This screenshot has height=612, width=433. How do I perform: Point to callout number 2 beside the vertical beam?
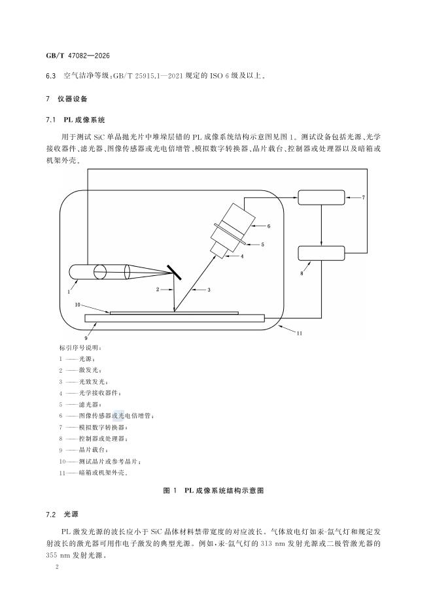[158, 288]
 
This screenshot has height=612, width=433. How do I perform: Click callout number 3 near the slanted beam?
[208, 288]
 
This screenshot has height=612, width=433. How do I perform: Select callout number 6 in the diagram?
[268, 226]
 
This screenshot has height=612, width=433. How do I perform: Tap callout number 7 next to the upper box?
[364, 196]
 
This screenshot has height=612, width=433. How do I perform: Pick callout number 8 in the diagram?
[302, 274]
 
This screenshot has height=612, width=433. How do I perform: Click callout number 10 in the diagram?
[77, 305]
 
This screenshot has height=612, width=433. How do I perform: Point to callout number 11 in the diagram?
[299, 333]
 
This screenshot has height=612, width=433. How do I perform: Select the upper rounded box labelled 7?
[321, 196]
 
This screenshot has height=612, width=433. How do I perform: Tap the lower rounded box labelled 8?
[321, 252]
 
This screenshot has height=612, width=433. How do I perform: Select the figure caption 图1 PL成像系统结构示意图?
[216, 489]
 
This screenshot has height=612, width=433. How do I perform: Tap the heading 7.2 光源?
[68, 515]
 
